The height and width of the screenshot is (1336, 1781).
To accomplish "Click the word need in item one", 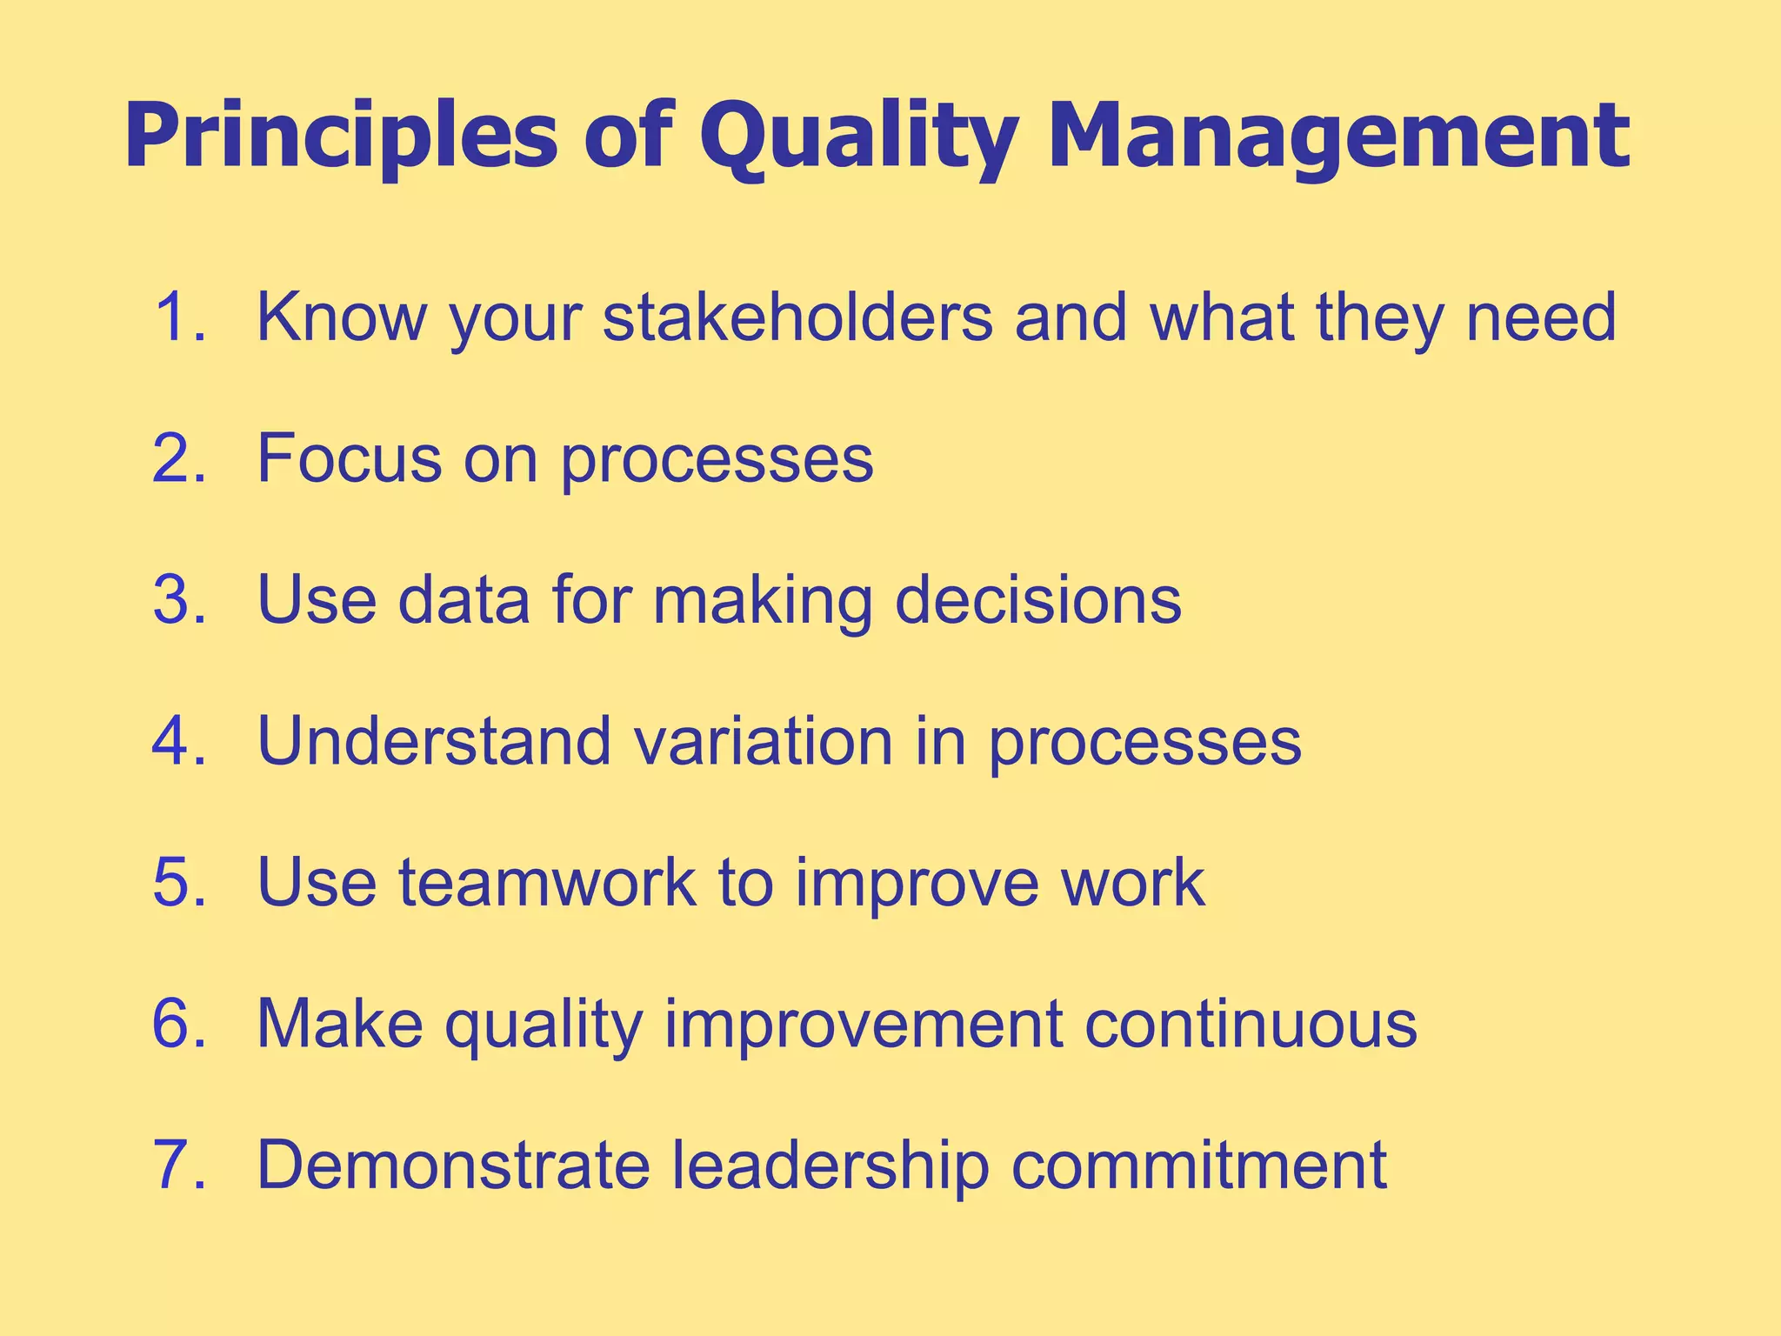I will click(x=1541, y=317).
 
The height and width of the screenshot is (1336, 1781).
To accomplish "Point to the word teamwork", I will click(x=548, y=883).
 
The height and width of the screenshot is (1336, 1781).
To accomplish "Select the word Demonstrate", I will click(x=453, y=1166).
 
